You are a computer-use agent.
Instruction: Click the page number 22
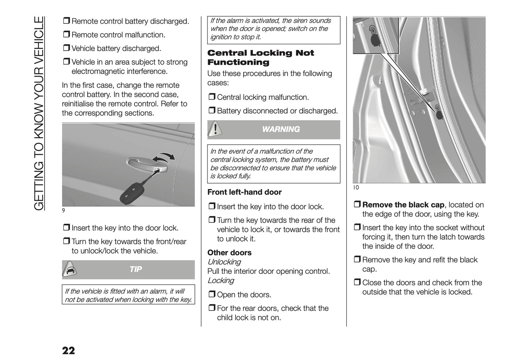(x=68, y=351)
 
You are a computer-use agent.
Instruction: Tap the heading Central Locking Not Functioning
(x=260, y=58)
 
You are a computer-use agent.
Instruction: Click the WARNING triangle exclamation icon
(x=215, y=129)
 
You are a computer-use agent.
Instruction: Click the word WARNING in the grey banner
(x=281, y=129)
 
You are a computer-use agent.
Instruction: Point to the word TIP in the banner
(x=135, y=269)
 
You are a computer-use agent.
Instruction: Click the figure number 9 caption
(x=63, y=211)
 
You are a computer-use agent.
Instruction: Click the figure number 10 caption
(x=356, y=187)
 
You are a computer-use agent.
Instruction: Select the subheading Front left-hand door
(x=244, y=192)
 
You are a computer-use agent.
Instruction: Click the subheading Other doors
(x=229, y=253)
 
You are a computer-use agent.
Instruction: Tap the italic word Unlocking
(x=224, y=262)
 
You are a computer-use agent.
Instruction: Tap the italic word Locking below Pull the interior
(x=221, y=280)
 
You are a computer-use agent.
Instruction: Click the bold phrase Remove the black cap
(x=403, y=205)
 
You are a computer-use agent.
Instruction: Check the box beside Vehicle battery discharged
(x=66, y=48)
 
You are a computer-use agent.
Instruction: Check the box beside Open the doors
(x=211, y=295)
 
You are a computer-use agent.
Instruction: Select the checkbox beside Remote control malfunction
(x=66, y=35)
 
